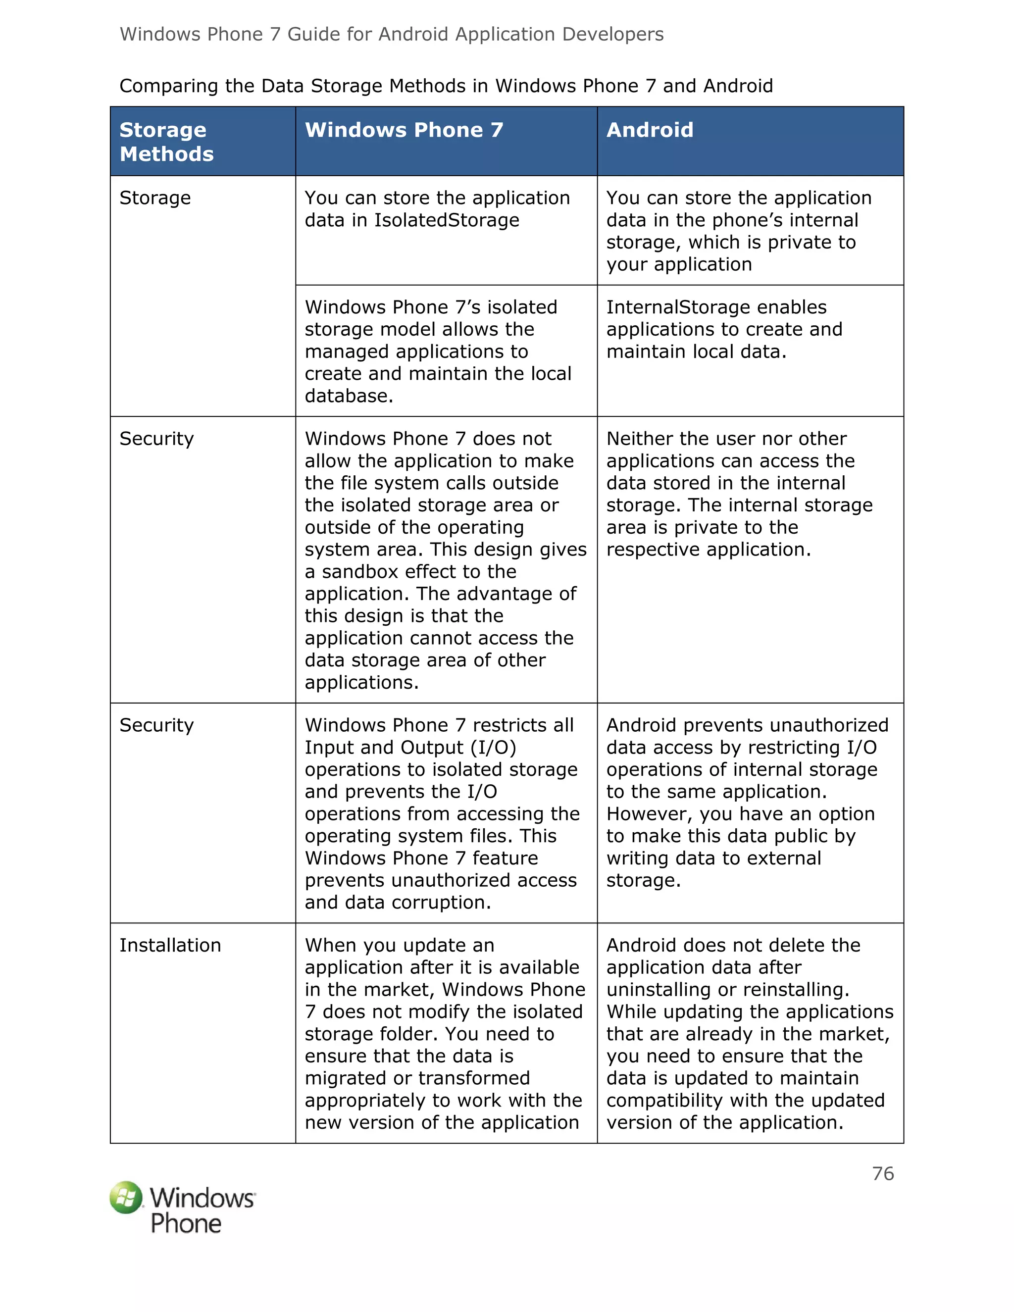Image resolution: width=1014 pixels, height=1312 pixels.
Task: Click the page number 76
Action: click(882, 1173)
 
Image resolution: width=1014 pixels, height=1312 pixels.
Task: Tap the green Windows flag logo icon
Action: click(126, 1197)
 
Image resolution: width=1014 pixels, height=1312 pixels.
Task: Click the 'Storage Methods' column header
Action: click(166, 142)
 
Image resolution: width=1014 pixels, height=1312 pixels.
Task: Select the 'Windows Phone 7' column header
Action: click(404, 130)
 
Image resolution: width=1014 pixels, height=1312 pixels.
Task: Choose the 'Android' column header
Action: click(650, 130)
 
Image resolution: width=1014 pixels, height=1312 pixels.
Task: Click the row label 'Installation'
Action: click(170, 946)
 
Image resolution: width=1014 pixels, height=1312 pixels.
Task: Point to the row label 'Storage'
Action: click(155, 198)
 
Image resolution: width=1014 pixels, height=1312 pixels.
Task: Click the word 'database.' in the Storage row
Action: click(349, 397)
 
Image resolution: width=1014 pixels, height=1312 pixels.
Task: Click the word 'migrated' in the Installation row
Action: click(346, 1078)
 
